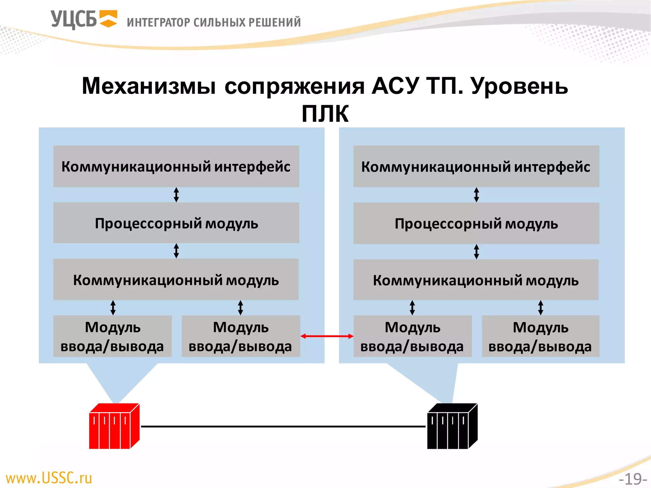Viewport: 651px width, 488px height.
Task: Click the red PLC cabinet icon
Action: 114,426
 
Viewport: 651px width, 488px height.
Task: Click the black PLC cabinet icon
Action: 452,426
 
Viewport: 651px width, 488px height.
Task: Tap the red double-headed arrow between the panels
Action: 327,336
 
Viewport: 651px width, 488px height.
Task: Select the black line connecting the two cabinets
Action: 283,426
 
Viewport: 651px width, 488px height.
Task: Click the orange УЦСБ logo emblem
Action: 108,19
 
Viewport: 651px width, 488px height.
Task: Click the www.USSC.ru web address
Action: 49,478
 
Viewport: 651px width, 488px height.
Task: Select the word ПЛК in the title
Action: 325,113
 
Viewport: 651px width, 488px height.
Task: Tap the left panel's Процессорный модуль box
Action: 176,223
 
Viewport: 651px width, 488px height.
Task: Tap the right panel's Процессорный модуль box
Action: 476,223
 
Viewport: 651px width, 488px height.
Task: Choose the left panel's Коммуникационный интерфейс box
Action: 176,166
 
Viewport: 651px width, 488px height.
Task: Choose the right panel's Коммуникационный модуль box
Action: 476,280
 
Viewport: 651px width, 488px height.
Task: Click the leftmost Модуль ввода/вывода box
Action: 113,336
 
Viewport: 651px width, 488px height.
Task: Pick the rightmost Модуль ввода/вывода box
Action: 540,336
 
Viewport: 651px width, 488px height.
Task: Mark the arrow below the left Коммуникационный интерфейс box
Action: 176,195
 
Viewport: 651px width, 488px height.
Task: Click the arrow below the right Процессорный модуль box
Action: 476,252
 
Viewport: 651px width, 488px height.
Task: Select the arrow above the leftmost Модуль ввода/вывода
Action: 113,308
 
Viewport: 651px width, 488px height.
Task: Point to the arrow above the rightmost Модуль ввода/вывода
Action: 541,308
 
